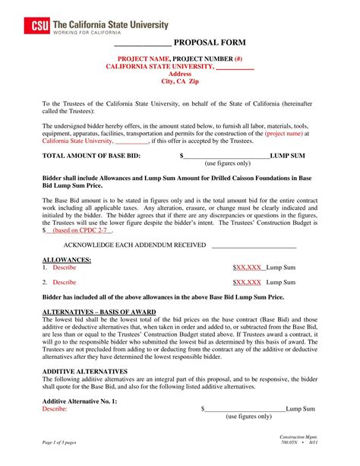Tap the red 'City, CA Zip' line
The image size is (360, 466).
point(179,81)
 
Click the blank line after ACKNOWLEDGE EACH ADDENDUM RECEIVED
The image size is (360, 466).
point(254,246)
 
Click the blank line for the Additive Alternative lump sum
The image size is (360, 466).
point(245,409)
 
